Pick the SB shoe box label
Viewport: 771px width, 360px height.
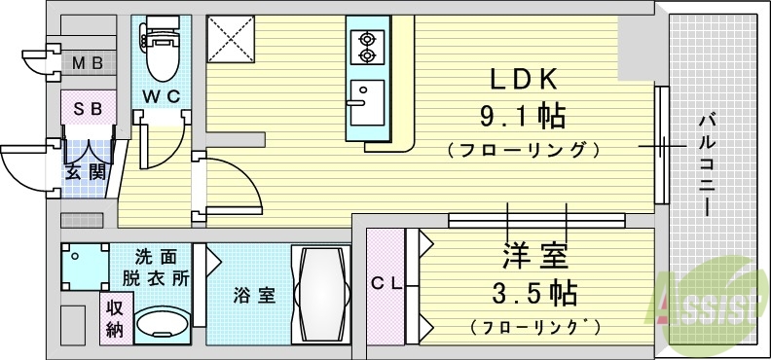pos(89,109)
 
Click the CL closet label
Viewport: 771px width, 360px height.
pos(385,284)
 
